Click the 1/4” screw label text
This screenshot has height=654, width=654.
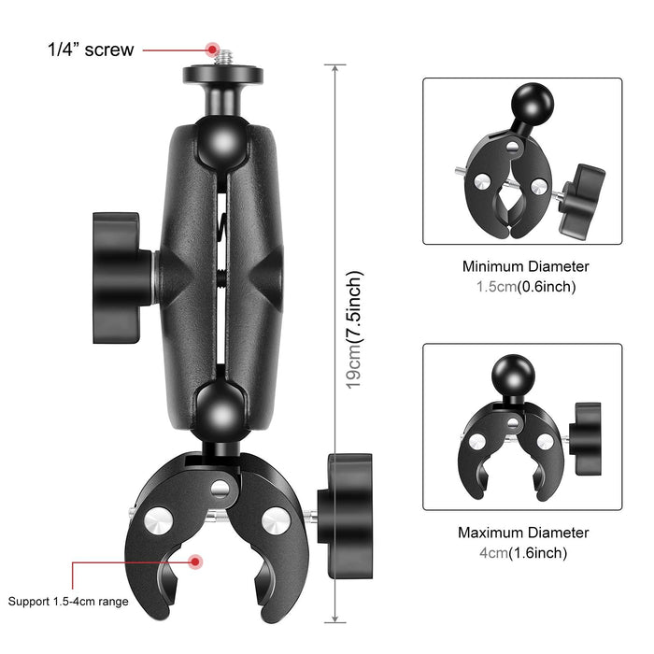coord(91,50)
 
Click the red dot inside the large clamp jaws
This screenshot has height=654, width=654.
coord(196,562)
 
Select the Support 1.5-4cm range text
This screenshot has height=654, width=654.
coord(68,602)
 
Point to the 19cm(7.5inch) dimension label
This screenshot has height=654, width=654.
coord(353,330)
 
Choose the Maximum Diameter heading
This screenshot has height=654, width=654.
coord(522,533)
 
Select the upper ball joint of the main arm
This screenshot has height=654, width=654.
coord(222,141)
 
